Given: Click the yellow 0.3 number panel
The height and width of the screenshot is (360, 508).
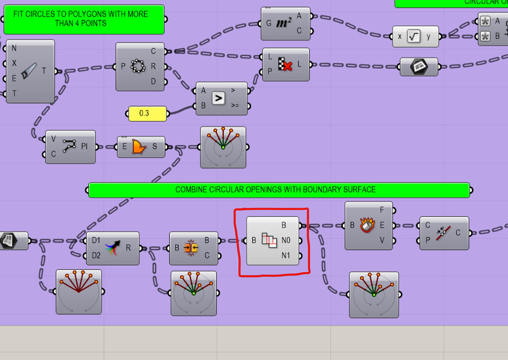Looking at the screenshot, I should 147,113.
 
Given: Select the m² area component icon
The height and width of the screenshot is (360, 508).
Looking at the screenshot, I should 283,23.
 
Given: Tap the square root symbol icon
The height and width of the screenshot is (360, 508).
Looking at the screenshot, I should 414,36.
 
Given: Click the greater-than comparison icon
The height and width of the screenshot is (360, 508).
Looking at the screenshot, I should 218,98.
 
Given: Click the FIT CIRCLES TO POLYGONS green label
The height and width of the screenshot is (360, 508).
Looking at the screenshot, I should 83,19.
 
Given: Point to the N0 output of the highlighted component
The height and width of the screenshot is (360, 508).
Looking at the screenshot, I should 286,240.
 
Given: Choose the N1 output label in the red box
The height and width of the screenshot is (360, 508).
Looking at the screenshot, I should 286,256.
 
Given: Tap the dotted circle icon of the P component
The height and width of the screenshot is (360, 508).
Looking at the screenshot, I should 136,66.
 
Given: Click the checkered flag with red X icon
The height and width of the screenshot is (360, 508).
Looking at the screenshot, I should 285,65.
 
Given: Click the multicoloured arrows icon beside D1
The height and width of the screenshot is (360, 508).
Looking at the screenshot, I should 113,248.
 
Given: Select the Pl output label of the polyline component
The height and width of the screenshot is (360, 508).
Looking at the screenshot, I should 85,147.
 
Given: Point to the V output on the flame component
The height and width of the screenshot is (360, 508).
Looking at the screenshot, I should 382,241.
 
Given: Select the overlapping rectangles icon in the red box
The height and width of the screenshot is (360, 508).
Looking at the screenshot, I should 269,241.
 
